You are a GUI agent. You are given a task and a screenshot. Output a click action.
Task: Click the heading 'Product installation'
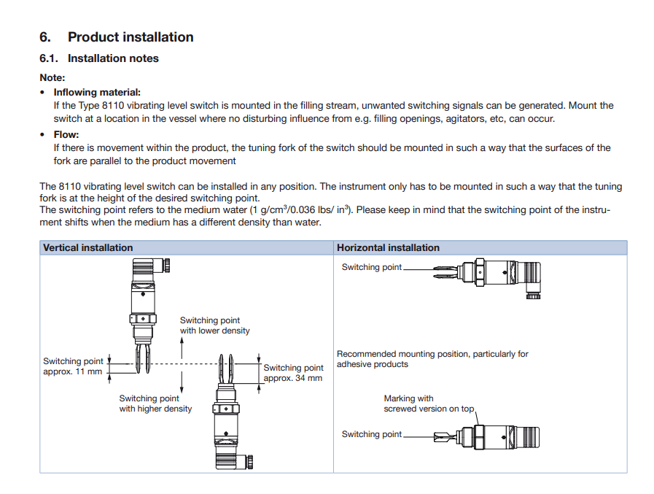[x=131, y=37]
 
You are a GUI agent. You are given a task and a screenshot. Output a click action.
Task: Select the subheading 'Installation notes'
[x=113, y=58]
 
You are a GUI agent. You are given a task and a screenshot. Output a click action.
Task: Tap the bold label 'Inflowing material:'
[x=97, y=93]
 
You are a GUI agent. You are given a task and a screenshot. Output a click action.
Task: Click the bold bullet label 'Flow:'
[x=66, y=135]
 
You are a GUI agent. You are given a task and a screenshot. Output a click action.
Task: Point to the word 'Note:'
[x=52, y=77]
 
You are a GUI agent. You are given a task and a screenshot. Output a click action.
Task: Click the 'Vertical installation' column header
[x=88, y=248]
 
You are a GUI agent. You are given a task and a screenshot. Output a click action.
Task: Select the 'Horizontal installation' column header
[x=388, y=248]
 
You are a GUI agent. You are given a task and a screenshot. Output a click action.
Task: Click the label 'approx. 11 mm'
[x=73, y=371]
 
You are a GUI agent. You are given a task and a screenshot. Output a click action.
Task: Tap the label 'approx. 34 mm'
[x=292, y=378]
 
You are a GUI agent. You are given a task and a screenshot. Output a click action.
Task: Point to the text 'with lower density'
[x=214, y=331]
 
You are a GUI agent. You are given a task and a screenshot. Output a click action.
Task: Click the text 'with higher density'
[x=155, y=409]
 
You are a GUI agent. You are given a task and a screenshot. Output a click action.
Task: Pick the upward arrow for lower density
[x=182, y=349]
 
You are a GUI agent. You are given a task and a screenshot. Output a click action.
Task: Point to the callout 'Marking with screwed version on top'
[x=429, y=404]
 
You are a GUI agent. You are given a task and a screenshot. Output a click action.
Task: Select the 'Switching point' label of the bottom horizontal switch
[x=371, y=434]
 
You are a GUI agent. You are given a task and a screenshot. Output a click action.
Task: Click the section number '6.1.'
[x=50, y=58]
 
